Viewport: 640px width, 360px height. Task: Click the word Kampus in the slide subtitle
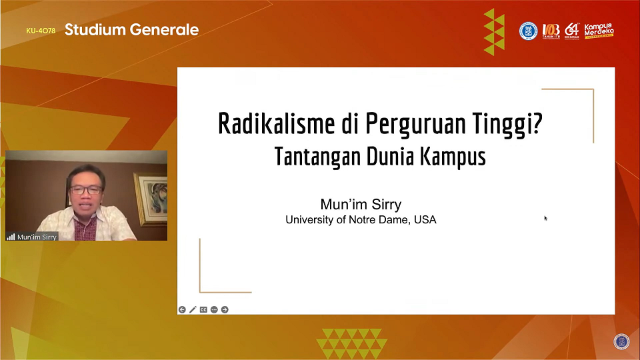point(453,157)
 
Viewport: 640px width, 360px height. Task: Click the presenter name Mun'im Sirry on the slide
point(361,205)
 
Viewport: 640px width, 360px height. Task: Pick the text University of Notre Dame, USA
point(361,219)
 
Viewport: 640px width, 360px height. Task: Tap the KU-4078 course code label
point(41,31)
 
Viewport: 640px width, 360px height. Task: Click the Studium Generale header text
point(131,30)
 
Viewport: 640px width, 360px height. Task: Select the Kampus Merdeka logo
point(598,31)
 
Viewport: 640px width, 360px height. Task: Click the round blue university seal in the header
point(528,31)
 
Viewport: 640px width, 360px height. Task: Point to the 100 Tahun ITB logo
point(551,31)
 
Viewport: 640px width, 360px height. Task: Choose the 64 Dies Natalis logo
point(572,31)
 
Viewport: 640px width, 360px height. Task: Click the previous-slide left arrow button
point(182,309)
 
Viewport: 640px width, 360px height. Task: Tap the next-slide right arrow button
point(225,309)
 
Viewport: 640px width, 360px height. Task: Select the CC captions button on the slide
point(203,309)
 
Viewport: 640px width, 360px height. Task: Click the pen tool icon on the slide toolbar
point(193,309)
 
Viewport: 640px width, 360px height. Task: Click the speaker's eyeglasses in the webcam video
point(87,189)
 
